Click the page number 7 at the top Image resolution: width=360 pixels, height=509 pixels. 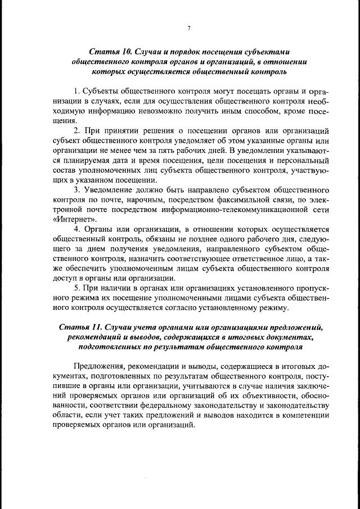[189, 28]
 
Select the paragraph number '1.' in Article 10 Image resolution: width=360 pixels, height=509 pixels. [78, 91]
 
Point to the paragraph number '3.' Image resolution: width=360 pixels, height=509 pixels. [78, 190]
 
